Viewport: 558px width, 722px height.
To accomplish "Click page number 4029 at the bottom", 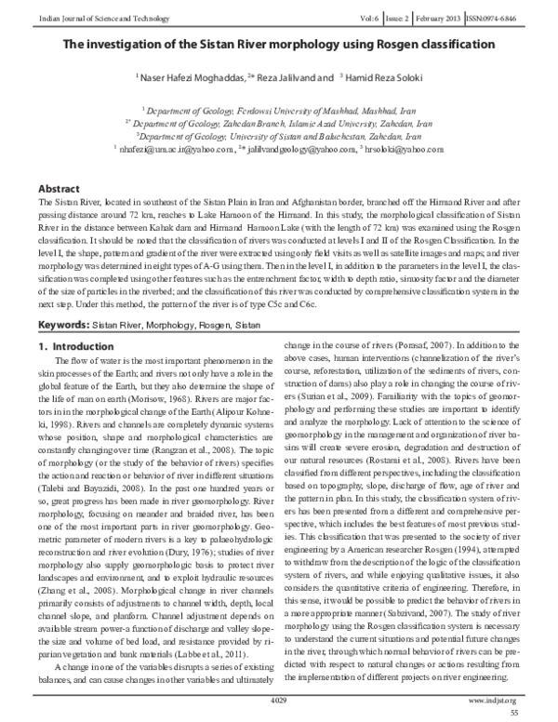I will tap(278, 698).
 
